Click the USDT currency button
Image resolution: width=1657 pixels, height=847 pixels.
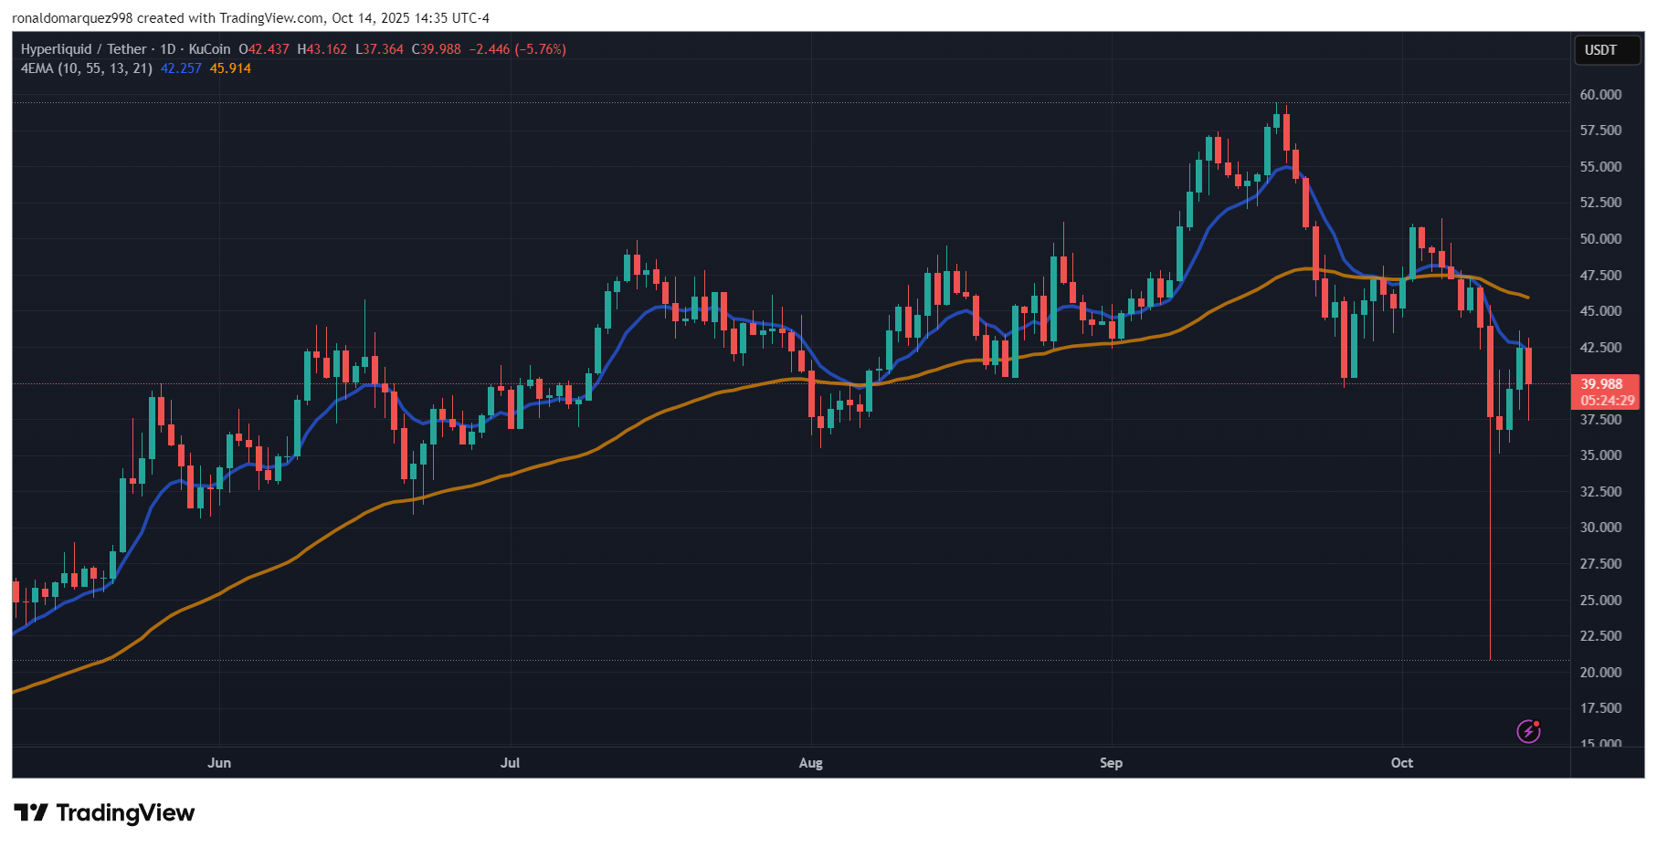click(x=1600, y=50)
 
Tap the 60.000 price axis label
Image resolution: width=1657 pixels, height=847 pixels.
click(x=1600, y=95)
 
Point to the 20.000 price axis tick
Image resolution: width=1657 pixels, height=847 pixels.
click(x=1600, y=673)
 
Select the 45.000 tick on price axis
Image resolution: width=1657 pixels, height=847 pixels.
click(x=1600, y=311)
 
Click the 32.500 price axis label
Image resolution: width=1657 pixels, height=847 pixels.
click(x=1600, y=492)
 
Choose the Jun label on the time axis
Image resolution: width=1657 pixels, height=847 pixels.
click(x=219, y=763)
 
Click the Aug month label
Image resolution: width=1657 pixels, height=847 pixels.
click(x=810, y=763)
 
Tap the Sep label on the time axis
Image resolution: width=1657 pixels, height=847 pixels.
click(x=1111, y=763)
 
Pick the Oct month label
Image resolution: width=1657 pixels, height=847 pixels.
click(x=1401, y=763)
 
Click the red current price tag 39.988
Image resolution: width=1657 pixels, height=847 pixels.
click(x=1603, y=384)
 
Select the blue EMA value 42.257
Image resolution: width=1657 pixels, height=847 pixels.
click(x=181, y=68)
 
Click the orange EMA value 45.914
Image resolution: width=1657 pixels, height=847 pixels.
click(x=230, y=68)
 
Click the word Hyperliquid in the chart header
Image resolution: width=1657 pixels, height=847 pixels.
click(x=57, y=49)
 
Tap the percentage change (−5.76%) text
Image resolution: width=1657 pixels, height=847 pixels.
click(x=541, y=49)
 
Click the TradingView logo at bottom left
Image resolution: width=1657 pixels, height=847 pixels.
click(x=104, y=812)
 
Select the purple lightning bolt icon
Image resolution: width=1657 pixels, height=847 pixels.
click(x=1528, y=731)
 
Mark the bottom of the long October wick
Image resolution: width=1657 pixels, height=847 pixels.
click(x=1490, y=659)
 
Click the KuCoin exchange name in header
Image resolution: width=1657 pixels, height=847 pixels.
click(x=210, y=49)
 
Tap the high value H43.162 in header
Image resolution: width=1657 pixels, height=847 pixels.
click(x=322, y=49)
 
